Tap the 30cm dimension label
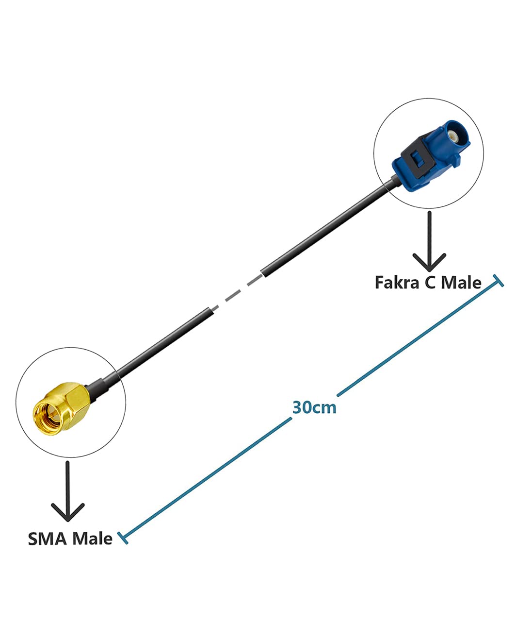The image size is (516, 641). tap(314, 407)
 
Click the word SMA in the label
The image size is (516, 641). tap(48, 539)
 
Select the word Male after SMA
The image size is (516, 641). tap(92, 539)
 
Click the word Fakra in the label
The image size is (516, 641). tap(397, 282)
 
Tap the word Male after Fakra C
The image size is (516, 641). tap(461, 282)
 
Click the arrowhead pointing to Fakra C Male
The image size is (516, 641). tap(429, 263)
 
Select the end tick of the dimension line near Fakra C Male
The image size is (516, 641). tap(499, 281)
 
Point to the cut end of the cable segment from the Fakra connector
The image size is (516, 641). tap(263, 273)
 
